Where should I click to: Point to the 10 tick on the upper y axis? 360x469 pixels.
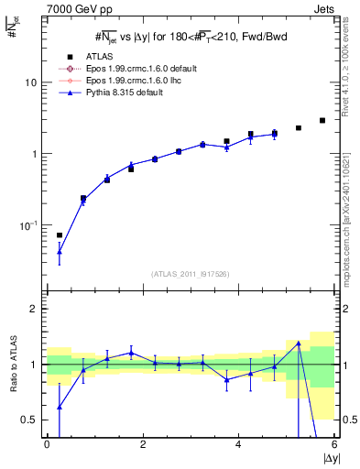point(30,82)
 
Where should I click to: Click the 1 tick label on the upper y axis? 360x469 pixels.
point(34,154)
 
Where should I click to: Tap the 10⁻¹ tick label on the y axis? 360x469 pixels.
point(28,225)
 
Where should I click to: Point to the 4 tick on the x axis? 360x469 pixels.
point(239,445)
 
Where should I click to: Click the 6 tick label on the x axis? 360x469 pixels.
point(334,445)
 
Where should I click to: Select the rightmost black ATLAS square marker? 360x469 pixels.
point(322,120)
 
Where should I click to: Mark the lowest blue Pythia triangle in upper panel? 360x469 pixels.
point(60,251)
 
